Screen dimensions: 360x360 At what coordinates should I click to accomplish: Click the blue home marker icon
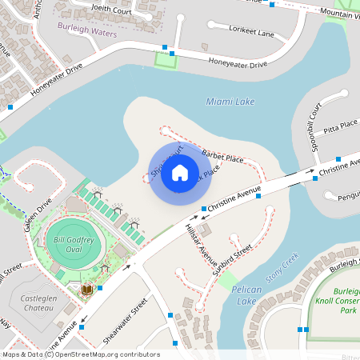coord(180,173)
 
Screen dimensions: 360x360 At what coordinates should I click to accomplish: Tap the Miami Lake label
coord(230,102)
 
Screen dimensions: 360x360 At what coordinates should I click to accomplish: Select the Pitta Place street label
coord(340,128)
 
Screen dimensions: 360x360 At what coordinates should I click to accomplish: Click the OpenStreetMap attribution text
coord(80,354)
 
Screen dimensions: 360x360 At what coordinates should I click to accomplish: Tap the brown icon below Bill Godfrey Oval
coord(87,288)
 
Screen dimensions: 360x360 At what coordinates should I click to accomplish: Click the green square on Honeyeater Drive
coord(166,60)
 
